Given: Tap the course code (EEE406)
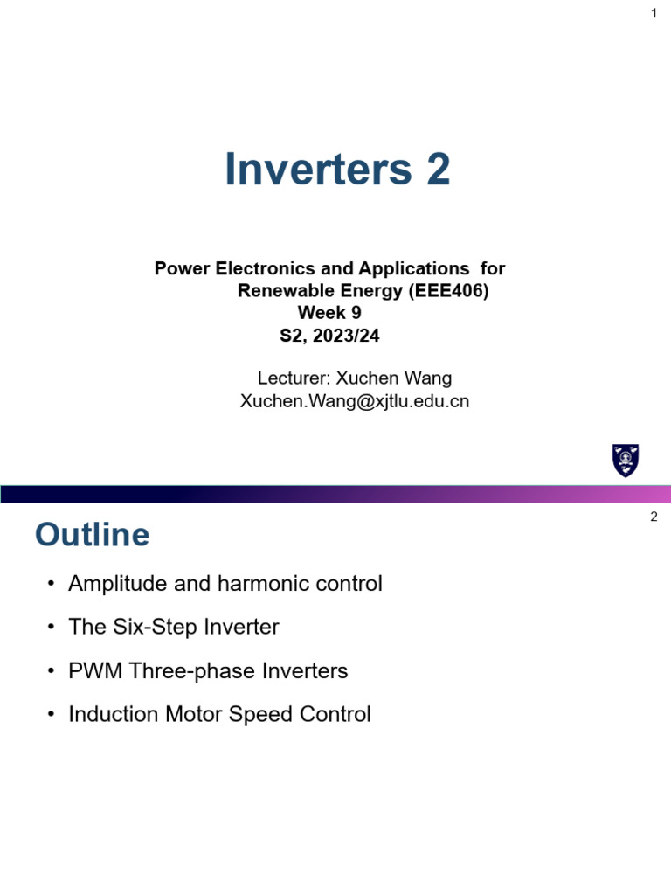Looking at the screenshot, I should (449, 291).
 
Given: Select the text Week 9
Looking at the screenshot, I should (329, 313).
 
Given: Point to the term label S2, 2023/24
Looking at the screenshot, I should (329, 335).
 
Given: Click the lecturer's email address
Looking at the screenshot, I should (354, 400).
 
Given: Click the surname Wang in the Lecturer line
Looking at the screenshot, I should (427, 378).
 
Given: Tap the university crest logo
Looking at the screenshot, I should (626, 460).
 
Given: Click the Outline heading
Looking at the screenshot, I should (92, 535).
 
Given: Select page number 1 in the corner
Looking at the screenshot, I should (654, 13).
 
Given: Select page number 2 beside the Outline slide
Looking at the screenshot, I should (654, 517).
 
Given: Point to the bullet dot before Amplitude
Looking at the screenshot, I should (52, 584).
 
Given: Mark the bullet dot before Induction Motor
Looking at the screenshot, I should (52, 715).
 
